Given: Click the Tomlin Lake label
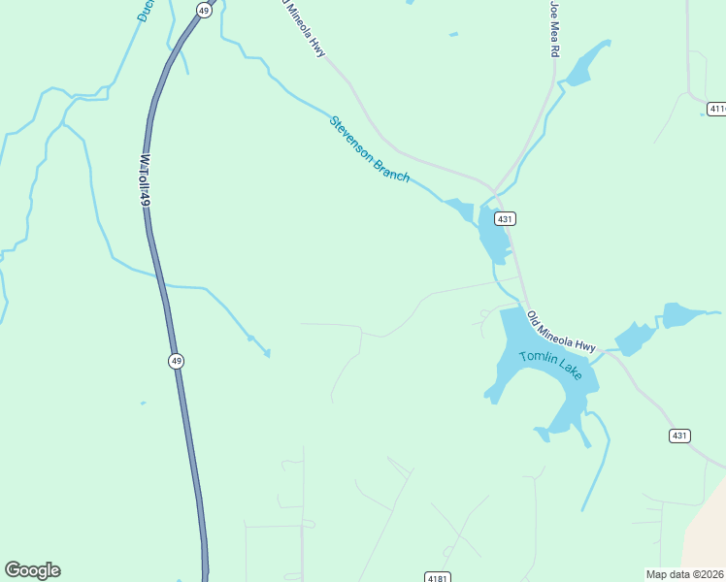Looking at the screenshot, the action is pyautogui.click(x=551, y=366).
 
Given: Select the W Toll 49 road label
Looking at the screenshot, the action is pyautogui.click(x=145, y=179).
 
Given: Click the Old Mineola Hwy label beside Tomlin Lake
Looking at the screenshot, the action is pyautogui.click(x=561, y=332).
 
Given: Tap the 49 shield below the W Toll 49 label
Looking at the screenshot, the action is pyautogui.click(x=175, y=361).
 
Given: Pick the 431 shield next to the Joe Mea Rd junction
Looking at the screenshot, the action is pyautogui.click(x=505, y=219).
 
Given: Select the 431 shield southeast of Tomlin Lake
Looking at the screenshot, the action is pyautogui.click(x=679, y=436).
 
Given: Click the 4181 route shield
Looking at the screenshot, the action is pyautogui.click(x=438, y=578).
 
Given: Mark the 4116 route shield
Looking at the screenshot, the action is pyautogui.click(x=716, y=109).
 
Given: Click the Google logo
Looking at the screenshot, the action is pyautogui.click(x=32, y=570).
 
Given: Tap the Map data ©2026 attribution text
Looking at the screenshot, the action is pyautogui.click(x=684, y=574).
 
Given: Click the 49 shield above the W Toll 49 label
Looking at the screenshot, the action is pyautogui.click(x=203, y=9).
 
